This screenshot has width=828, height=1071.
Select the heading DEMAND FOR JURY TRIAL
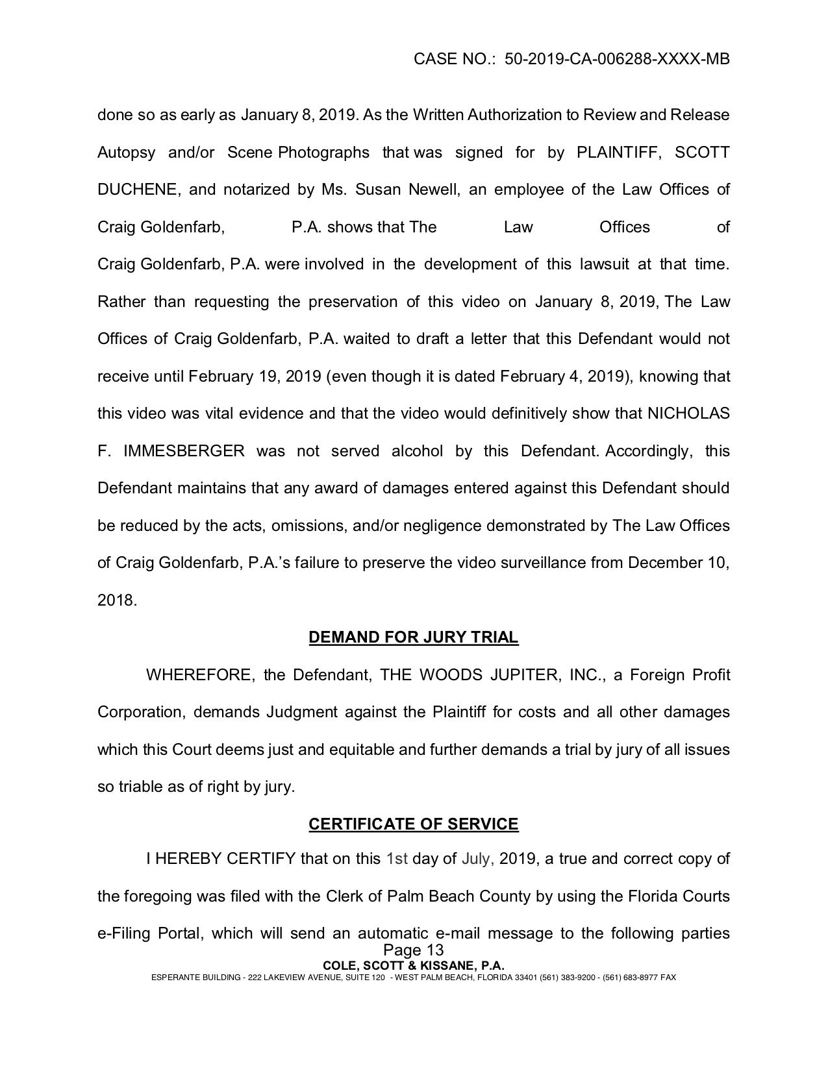[414, 637]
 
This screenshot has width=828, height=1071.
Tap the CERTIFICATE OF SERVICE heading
[414, 824]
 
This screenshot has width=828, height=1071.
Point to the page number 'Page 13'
[414, 951]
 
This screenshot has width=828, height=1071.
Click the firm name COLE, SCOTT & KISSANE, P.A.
[414, 965]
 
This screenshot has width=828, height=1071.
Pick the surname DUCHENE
[136, 190]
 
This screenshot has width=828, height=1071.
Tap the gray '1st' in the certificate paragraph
[397, 859]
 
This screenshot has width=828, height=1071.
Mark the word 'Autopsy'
[127, 153]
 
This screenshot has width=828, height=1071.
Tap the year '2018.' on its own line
[118, 600]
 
